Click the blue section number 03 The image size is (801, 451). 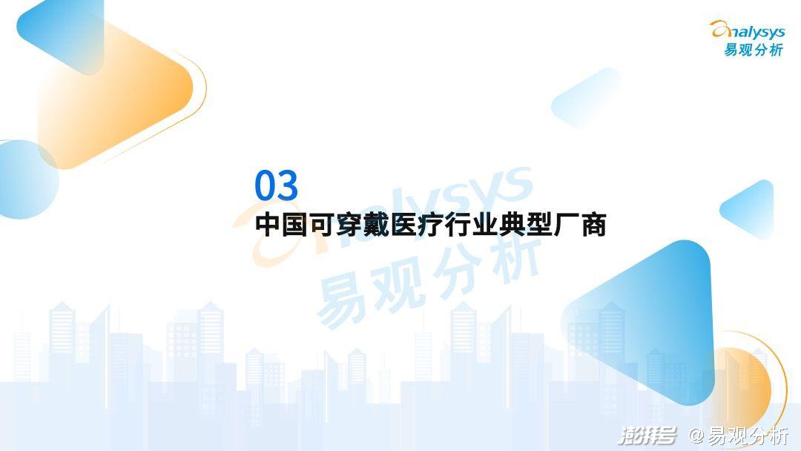pyautogui.click(x=277, y=185)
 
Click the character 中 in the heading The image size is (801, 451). pyautogui.click(x=268, y=225)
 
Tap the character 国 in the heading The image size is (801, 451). pyautogui.click(x=294, y=225)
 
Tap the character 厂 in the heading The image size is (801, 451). pyautogui.click(x=567, y=225)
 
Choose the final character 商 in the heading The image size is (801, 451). pyautogui.click(x=593, y=225)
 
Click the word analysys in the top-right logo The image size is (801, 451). pyautogui.click(x=748, y=30)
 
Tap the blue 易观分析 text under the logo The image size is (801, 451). pyautogui.click(x=754, y=50)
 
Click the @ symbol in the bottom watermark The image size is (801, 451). pyautogui.click(x=696, y=435)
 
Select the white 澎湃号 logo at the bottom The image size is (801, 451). pyautogui.click(x=647, y=435)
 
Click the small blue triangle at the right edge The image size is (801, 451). pyautogui.click(x=751, y=209)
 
